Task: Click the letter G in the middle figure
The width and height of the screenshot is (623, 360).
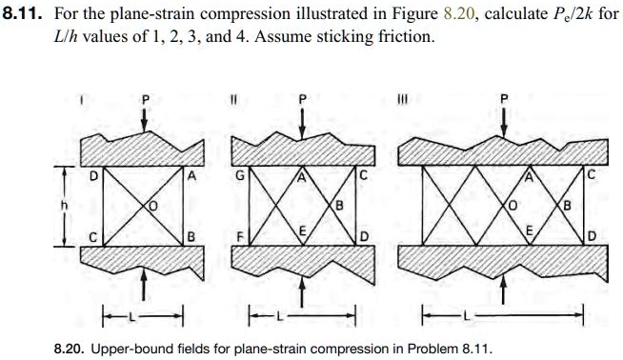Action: click(240, 177)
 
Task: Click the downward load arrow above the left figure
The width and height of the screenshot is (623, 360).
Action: click(143, 119)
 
